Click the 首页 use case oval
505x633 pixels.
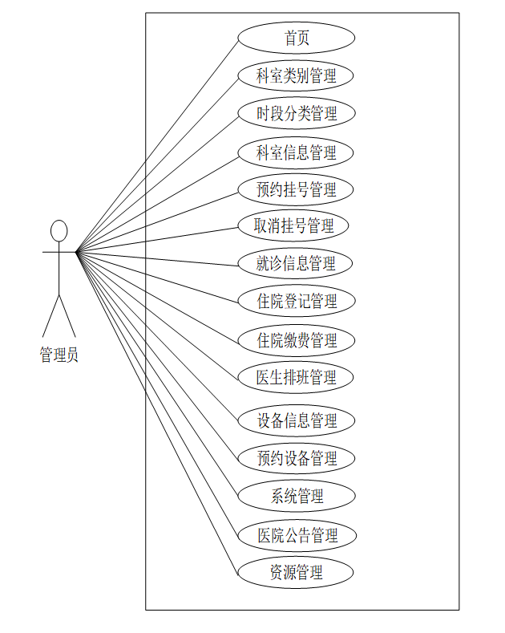297,38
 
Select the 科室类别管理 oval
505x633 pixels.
297,76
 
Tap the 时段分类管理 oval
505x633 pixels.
297,114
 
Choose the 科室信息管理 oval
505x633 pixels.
297,152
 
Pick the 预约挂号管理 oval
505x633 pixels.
297,190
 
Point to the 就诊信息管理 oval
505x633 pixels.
297,263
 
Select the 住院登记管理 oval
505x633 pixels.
297,302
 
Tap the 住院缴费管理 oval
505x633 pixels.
297,340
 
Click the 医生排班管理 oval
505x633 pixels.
297,377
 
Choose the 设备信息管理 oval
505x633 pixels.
297,420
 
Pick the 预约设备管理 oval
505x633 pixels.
297,459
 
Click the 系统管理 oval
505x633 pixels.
297,497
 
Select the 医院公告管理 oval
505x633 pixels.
297,535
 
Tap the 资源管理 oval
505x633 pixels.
297,573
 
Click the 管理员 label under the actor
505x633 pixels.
59,355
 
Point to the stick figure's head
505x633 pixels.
59,231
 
